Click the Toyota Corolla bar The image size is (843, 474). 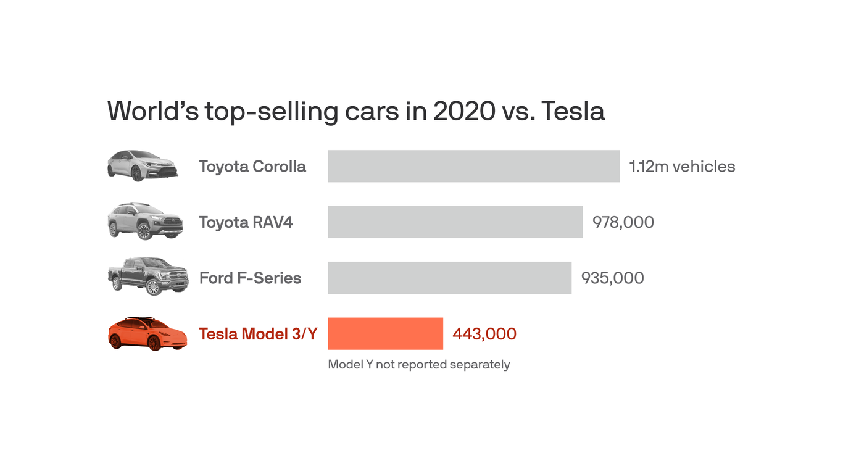[x=473, y=166]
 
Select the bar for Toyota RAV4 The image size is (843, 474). [x=455, y=222]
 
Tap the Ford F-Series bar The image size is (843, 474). [x=449, y=277]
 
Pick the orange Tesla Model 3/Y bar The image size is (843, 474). [x=385, y=333]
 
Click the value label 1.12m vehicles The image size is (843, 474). [x=682, y=167]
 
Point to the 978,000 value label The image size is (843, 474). [x=623, y=222]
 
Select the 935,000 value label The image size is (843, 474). [x=612, y=278]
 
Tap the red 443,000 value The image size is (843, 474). [x=484, y=334]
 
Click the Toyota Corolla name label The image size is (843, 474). [x=252, y=167]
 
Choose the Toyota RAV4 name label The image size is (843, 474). [x=246, y=222]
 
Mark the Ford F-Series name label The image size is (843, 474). [x=250, y=278]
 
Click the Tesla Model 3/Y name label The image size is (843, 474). [x=258, y=334]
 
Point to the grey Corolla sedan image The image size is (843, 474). [x=143, y=165]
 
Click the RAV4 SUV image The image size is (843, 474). [x=145, y=221]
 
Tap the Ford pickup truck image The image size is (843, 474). [x=147, y=276]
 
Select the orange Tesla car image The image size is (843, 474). [x=147, y=334]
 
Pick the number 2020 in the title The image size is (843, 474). [x=463, y=111]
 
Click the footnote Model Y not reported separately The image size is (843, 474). [x=418, y=364]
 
